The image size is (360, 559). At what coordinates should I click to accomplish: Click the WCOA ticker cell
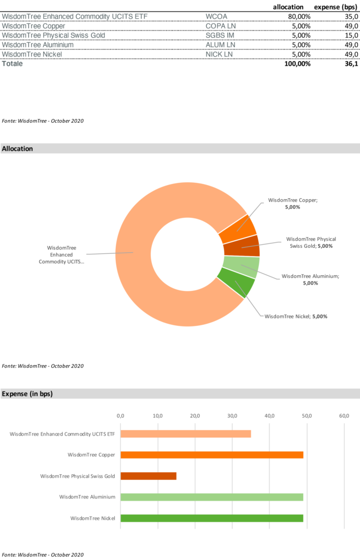coord(216,16)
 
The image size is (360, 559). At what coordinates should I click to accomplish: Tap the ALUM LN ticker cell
coord(220,45)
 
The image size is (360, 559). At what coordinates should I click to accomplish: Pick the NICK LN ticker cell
coord(219,55)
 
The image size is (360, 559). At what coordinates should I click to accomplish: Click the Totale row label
coord(13,64)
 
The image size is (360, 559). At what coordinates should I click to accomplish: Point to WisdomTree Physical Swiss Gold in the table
coord(53,35)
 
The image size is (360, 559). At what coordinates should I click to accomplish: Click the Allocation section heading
coord(17,148)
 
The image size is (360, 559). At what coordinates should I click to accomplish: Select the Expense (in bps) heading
coord(27,394)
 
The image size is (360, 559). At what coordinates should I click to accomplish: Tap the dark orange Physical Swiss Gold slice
coord(242,246)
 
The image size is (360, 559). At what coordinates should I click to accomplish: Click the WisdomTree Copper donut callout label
coord(292,204)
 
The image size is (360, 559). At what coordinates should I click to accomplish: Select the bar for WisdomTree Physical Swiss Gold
coord(149,476)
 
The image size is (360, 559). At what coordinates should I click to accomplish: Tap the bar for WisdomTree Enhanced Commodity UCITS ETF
coord(186,434)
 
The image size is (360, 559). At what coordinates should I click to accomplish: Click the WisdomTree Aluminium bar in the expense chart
coord(212,497)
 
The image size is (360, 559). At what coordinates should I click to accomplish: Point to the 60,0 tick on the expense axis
coord(344,416)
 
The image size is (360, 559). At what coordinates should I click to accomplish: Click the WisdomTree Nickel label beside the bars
coord(93,518)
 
